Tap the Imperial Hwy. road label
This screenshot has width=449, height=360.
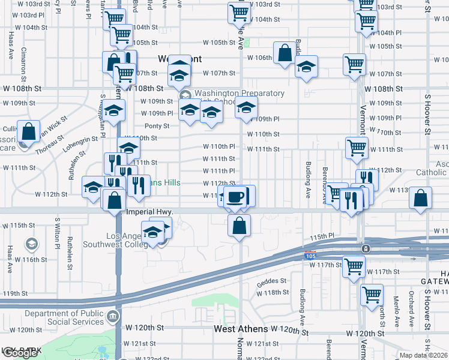[x=149, y=212]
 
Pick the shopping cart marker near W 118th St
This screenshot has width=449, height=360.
[x=372, y=294]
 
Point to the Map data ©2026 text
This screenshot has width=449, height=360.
[x=423, y=355]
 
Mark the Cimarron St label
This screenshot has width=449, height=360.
[x=23, y=64]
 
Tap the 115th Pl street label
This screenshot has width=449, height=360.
[x=322, y=238]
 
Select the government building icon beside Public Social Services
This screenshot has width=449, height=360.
[x=112, y=316]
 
